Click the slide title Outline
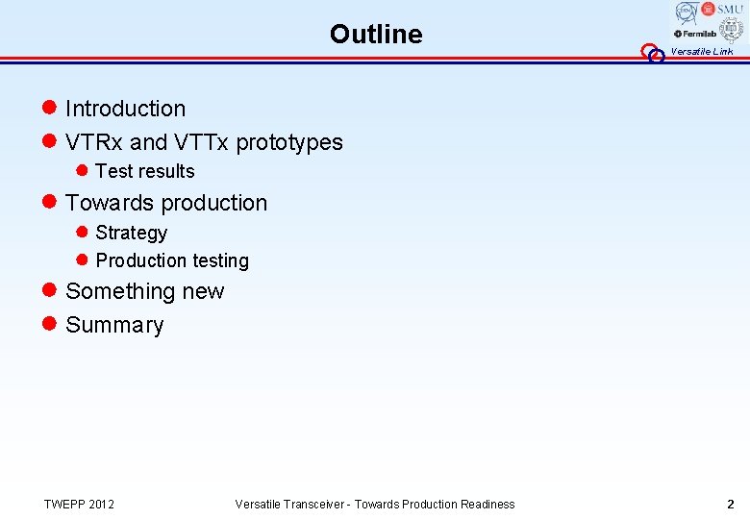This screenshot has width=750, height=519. tap(375, 35)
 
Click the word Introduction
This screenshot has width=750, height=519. tap(125, 109)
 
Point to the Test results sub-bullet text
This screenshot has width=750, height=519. tap(145, 171)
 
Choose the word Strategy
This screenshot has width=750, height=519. tap(132, 233)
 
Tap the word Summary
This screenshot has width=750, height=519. tap(114, 325)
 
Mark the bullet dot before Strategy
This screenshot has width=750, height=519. tap(82, 233)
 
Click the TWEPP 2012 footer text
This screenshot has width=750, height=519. tap(79, 504)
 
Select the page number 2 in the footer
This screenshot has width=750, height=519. tap(730, 504)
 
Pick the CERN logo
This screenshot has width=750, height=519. tap(686, 12)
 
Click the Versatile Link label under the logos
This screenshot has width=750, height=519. tap(701, 52)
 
